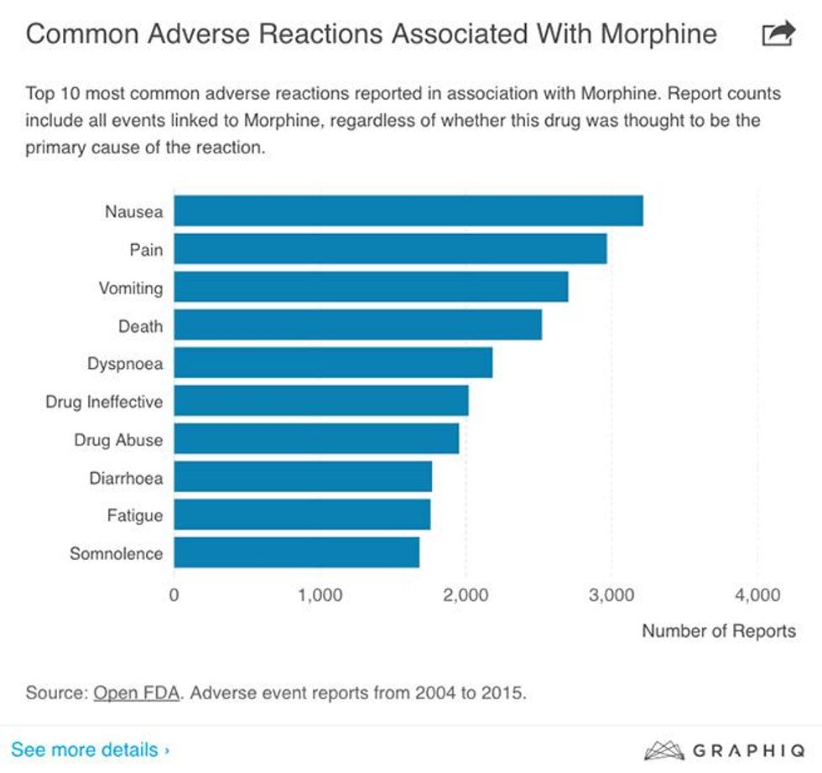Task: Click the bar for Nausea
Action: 408,210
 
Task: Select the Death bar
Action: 357,324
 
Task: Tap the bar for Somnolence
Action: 296,553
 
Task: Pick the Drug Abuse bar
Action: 316,438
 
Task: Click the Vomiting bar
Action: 371,287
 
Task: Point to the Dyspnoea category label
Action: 125,364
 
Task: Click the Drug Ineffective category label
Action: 104,402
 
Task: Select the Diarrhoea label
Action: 126,478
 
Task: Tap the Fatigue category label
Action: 134,515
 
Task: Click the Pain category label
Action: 146,249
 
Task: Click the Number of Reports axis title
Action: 719,630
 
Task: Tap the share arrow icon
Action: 778,34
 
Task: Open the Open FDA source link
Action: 137,693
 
